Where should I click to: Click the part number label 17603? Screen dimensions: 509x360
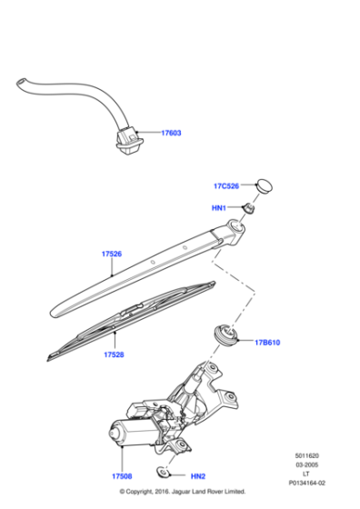tap(171, 133)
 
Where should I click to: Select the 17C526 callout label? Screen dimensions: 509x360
tap(226, 186)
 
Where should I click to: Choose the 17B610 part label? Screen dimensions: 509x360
tap(268, 342)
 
